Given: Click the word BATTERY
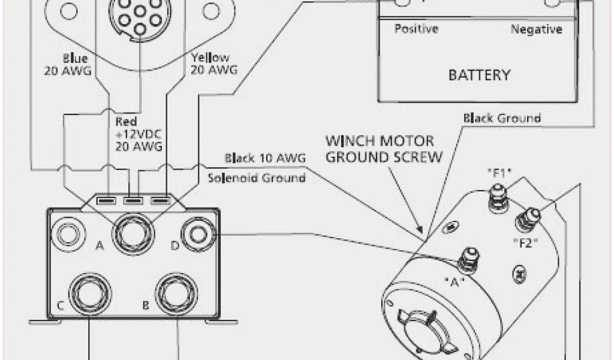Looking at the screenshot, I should pos(480,76).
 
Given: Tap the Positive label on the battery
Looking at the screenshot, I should pos(416,29).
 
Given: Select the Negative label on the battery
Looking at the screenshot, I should pos(536,29).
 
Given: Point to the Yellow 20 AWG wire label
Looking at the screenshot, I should pos(213,64).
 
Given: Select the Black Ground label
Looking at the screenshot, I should pos(502,118).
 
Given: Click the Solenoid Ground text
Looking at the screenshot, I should pos(257,178).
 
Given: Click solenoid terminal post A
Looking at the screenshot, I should pos(133,229).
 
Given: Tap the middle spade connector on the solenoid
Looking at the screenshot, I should pos(134,200).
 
